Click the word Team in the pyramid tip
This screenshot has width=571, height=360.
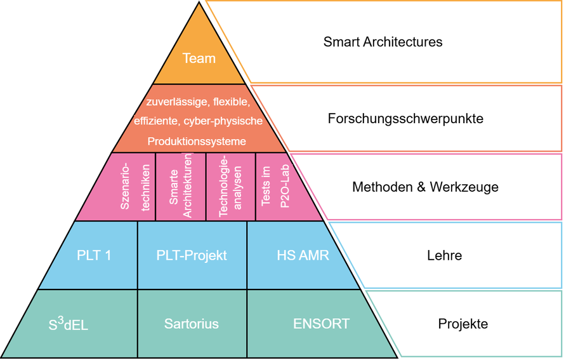(199, 58)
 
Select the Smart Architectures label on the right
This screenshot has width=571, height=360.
(383, 43)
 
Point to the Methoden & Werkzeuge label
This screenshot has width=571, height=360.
(425, 187)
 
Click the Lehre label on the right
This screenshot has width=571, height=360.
(444, 256)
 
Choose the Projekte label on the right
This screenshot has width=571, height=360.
(463, 324)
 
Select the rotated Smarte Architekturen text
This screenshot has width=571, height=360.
(180, 186)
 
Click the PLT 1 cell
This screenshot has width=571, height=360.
(94, 255)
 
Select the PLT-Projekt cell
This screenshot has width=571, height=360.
(192, 255)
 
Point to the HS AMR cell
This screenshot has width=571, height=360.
(303, 255)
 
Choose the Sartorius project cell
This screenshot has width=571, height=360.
(192, 324)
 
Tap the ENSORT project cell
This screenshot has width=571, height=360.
(321, 323)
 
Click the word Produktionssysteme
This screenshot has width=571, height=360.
(197, 141)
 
